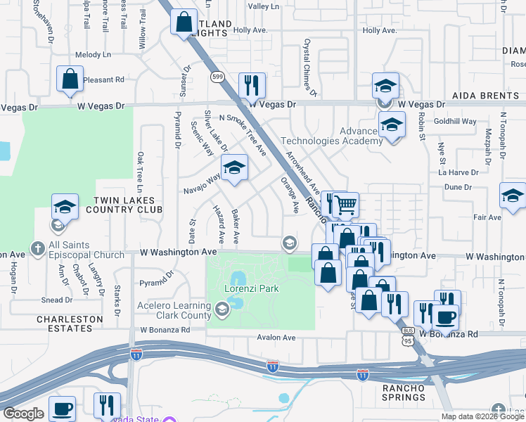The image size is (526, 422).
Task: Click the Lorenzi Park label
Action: pyautogui.click(x=252, y=288)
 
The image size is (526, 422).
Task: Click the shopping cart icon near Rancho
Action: pyautogui.click(x=345, y=205)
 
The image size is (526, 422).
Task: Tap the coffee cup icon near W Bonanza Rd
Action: pyautogui.click(x=446, y=317)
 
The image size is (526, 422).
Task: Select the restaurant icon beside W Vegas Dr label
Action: pyautogui.click(x=252, y=86)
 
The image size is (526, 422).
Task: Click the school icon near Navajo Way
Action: pyautogui.click(x=235, y=168)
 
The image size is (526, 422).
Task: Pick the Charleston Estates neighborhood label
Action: pyautogui.click(x=69, y=324)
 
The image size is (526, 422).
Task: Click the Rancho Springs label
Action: pyautogui.click(x=404, y=392)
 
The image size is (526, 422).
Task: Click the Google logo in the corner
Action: pyautogui.click(x=23, y=414)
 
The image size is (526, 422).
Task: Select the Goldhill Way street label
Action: pyautogui.click(x=454, y=121)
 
